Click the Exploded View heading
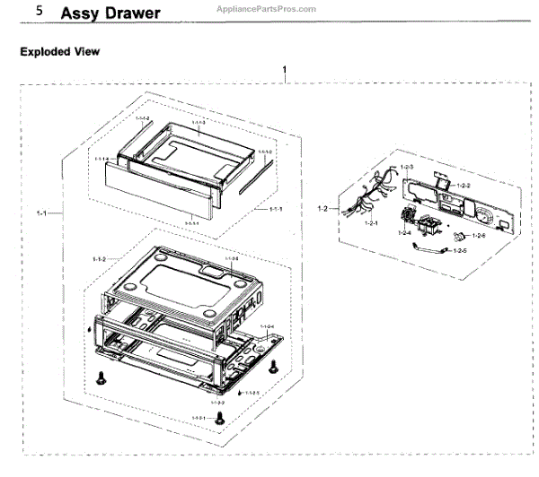coord(59,52)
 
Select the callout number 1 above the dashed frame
coord(285,70)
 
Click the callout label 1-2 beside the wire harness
coord(323,208)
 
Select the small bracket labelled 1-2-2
coord(442,182)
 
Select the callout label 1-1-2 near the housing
coord(99,259)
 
